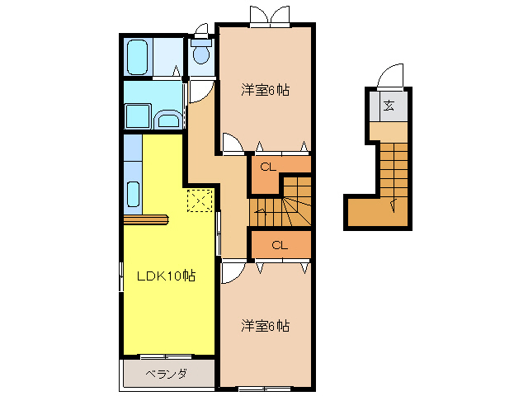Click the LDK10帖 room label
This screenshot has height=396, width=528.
pos(165,276)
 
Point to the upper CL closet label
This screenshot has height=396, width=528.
pos(266,167)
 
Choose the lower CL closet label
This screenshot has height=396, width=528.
pos(279,244)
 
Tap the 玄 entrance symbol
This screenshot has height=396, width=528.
pos(388,106)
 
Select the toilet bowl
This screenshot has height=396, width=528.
pos(200,54)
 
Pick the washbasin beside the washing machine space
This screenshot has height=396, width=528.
pos(168,120)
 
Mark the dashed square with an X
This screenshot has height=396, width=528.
pos(200,200)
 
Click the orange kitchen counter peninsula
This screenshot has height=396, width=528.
pos(145,219)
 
